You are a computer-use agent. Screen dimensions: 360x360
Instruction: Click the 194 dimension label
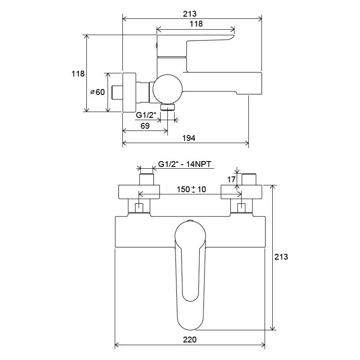coord(189,138)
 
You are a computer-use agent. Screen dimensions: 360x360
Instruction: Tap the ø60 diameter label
coord(98,92)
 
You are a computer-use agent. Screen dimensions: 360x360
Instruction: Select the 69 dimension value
coord(145,126)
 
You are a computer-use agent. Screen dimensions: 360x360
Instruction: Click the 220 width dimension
coord(189,340)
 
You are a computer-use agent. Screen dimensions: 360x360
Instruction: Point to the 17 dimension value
coord(231,179)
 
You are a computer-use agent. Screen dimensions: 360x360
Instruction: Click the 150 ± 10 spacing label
coord(191,189)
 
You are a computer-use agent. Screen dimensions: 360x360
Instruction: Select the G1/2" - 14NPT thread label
coord(184,164)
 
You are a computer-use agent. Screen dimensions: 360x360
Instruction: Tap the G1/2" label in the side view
coord(146,115)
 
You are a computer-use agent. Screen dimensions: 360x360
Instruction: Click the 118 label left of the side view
coord(78,74)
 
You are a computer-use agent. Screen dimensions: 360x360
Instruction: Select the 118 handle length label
coord(196,24)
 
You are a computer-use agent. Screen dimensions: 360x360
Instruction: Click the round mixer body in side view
coord(167,89)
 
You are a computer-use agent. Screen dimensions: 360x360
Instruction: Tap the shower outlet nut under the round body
coord(167,107)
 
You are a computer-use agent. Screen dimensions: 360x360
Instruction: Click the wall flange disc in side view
coord(129,93)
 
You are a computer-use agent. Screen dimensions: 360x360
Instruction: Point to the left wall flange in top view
coord(139,192)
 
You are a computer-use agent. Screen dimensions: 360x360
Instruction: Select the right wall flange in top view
coord(241,192)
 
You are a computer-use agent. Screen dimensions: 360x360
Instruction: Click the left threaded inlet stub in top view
coord(146,179)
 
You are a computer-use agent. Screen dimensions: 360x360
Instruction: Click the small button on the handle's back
coord(157,45)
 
